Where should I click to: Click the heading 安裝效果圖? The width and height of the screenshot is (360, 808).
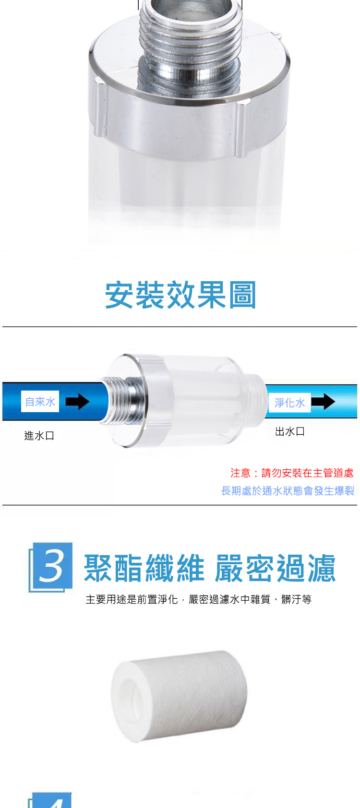[180, 295]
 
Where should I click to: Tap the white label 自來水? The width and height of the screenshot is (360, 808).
[40, 402]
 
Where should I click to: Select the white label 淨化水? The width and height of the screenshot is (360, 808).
[289, 403]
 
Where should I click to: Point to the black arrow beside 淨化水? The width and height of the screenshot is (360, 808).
[324, 402]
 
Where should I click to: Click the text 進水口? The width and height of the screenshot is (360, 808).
[39, 436]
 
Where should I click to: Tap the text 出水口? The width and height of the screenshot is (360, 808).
[290, 431]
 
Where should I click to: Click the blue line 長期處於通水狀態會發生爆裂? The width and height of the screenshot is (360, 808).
[288, 491]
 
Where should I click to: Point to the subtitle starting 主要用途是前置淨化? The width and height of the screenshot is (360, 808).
[199, 599]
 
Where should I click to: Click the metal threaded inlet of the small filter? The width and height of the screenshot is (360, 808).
[120, 401]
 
